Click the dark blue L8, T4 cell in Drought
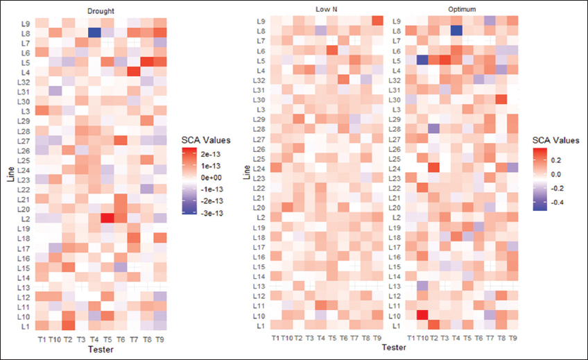pyautogui.click(x=95, y=32)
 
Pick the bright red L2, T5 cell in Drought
pyautogui.click(x=107, y=218)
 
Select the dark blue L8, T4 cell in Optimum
pyautogui.click(x=456, y=30)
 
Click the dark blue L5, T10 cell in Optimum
pyautogui.click(x=420, y=60)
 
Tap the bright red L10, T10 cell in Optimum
pyautogui.click(x=420, y=316)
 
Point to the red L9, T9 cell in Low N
pyautogui.click(x=377, y=20)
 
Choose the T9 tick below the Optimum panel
pyautogui.click(x=512, y=338)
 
